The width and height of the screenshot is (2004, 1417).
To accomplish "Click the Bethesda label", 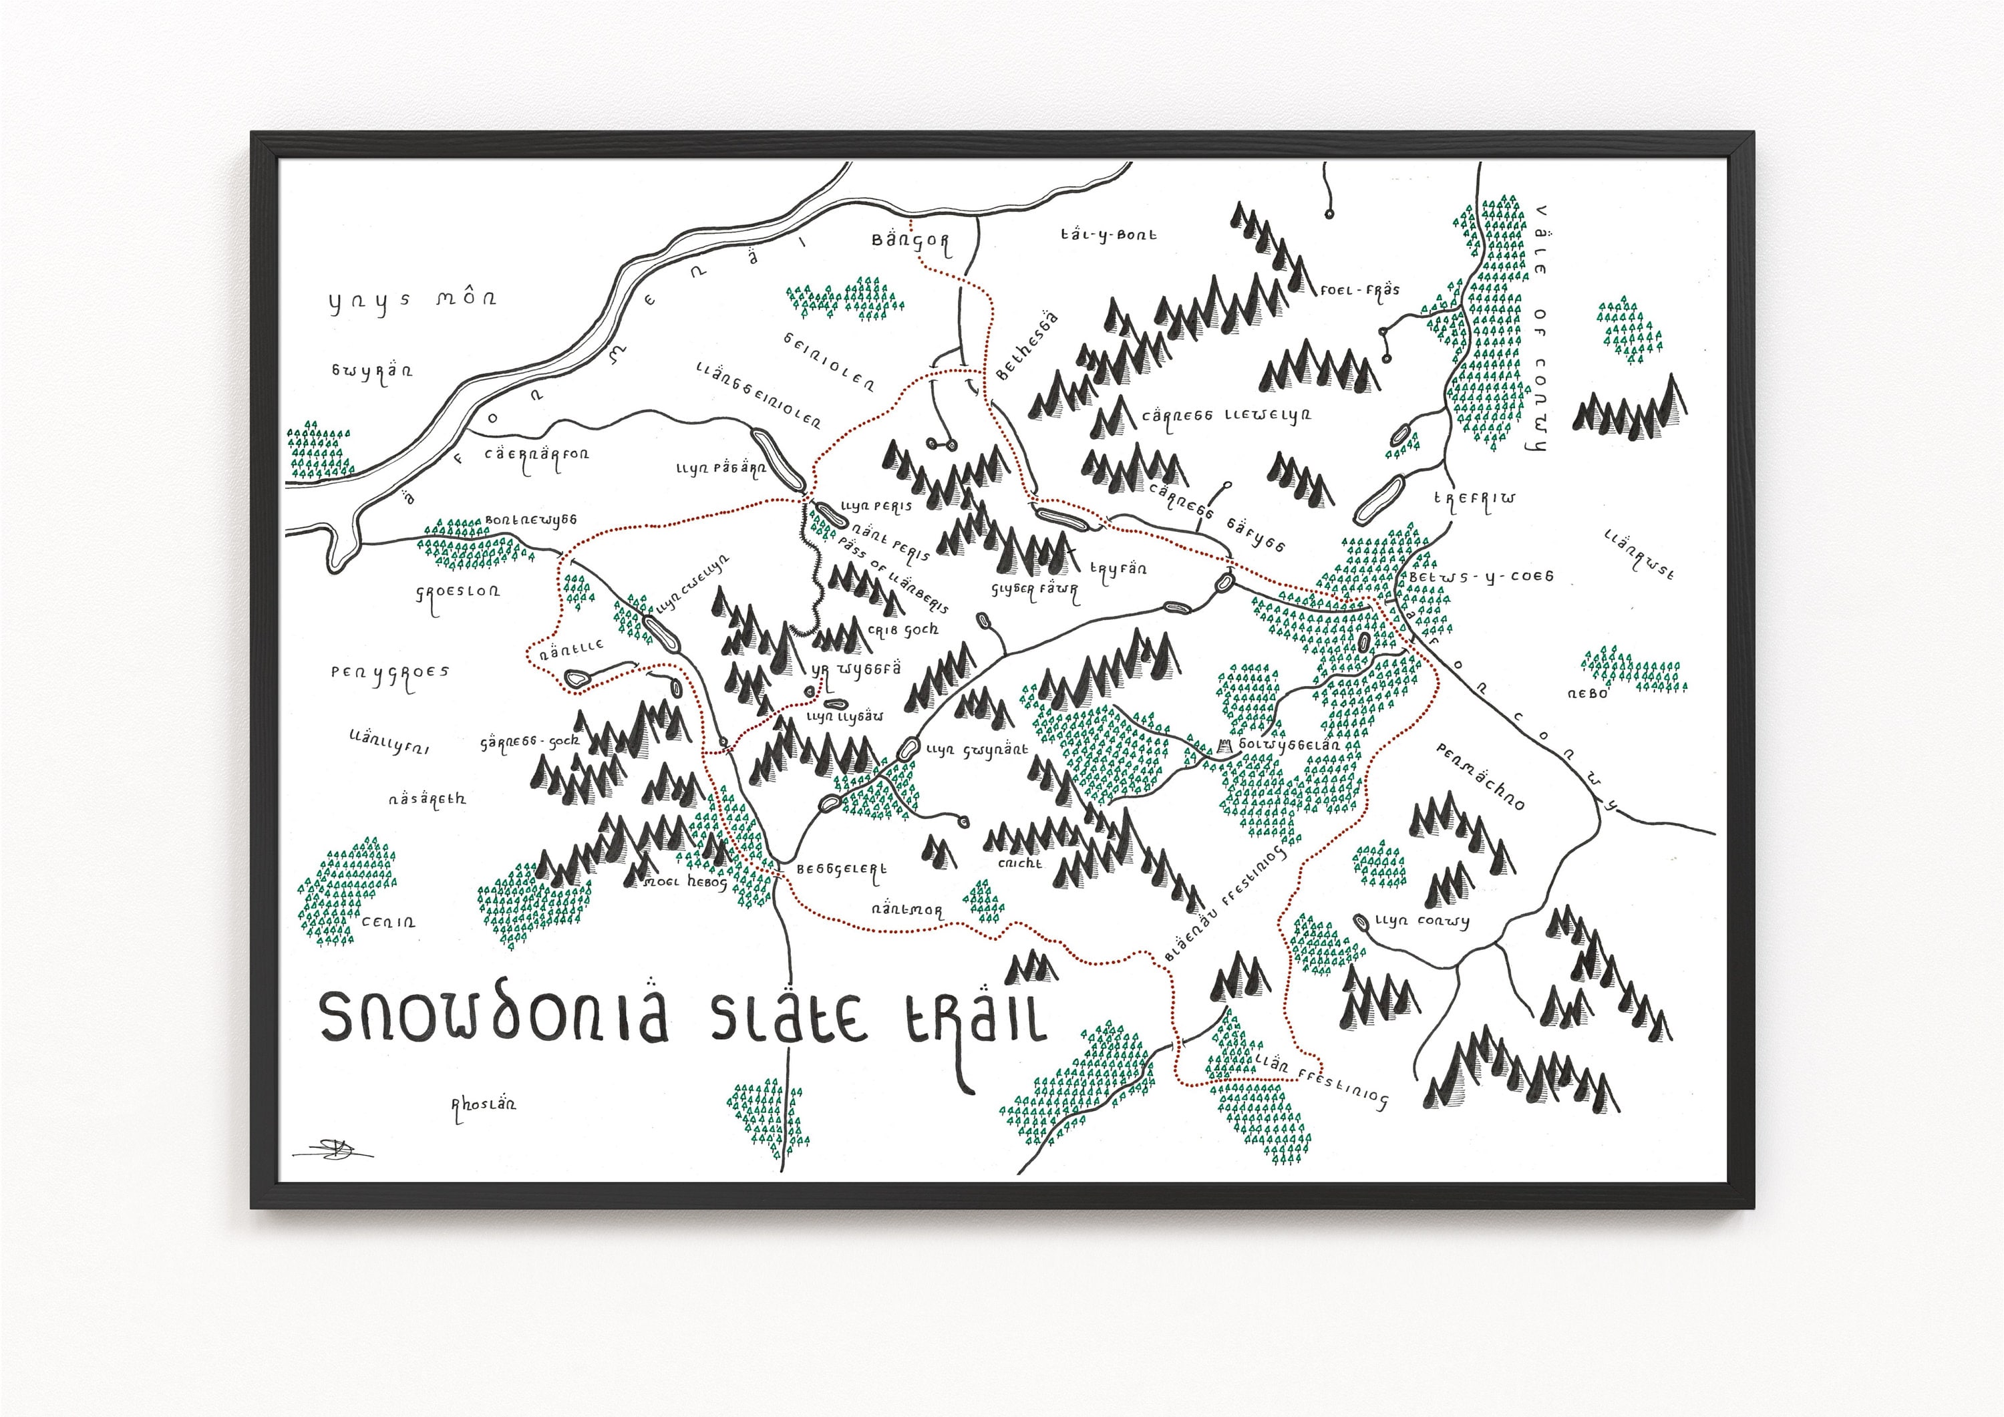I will pyautogui.click(x=1027, y=347).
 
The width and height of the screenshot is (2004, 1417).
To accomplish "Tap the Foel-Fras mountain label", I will pyautogui.click(x=1359, y=290).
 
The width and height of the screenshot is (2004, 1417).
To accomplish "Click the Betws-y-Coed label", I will pyautogui.click(x=1480, y=577).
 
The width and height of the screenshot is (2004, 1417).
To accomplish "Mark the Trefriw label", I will pyautogui.click(x=1475, y=500).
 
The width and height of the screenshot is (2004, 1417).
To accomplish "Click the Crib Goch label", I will pyautogui.click(x=903, y=629).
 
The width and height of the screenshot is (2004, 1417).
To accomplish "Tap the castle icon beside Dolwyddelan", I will pyautogui.click(x=1225, y=745).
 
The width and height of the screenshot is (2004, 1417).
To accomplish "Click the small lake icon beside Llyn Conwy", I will pyautogui.click(x=1361, y=922).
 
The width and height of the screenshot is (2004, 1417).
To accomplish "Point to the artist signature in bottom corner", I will pyautogui.click(x=333, y=1150).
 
